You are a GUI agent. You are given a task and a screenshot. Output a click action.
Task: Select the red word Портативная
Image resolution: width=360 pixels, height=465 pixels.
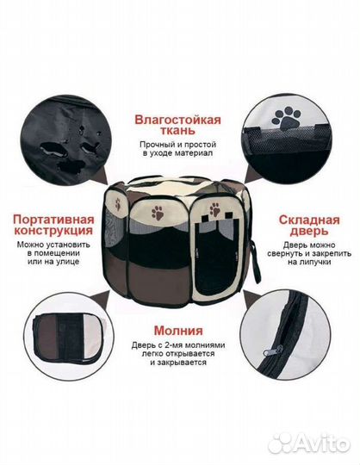(53, 219)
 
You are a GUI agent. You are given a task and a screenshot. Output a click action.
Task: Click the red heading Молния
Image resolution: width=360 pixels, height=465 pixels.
(178, 330)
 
